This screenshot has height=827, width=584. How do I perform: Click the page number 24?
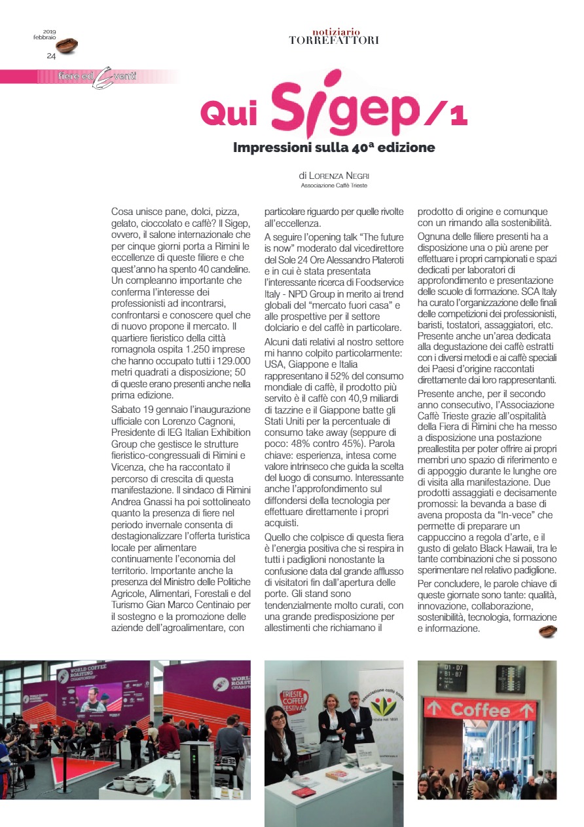[51, 56]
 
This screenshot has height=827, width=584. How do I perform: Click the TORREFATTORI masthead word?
[333, 40]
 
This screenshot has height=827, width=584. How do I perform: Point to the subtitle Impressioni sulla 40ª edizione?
[334, 147]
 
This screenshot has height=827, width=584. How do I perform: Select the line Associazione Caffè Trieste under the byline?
[334, 186]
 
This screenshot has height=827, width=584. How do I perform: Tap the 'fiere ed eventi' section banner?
[98, 77]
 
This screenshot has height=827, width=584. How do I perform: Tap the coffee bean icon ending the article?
[547, 631]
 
